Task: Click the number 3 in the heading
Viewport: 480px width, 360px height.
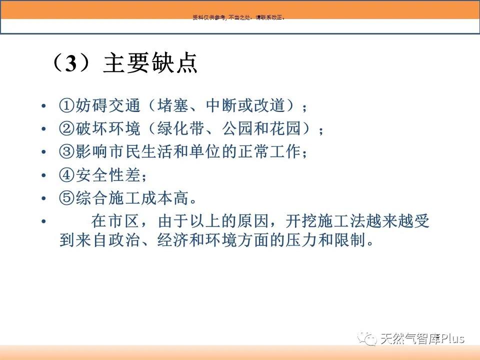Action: (x=71, y=63)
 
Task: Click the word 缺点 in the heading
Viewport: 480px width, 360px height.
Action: (x=174, y=63)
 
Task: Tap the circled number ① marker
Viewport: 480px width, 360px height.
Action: (x=66, y=105)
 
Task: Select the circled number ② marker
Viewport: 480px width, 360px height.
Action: (x=66, y=128)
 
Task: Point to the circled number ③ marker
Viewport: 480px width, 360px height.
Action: (x=66, y=151)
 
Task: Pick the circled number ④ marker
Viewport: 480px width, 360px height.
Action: (x=66, y=175)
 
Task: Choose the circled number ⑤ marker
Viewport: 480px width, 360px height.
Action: (x=66, y=198)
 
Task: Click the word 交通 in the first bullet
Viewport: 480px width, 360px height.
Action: (x=124, y=105)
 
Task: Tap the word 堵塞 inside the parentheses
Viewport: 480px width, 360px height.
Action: (x=173, y=105)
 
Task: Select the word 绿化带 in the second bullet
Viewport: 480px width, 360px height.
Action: (x=181, y=128)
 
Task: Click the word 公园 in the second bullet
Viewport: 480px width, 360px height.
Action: (x=237, y=128)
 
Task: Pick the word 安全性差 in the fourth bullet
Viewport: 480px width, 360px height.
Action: (x=108, y=175)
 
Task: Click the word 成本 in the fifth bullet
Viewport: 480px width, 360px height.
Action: (x=157, y=198)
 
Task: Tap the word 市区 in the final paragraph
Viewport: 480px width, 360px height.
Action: (x=123, y=221)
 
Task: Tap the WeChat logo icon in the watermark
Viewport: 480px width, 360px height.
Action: (x=367, y=338)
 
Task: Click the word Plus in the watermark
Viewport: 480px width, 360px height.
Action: (x=452, y=338)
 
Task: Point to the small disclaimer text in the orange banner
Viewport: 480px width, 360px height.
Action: (x=239, y=17)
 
